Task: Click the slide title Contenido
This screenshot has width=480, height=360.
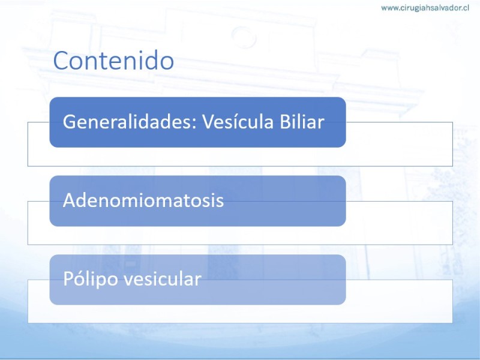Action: (x=113, y=60)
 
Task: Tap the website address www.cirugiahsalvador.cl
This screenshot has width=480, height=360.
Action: (x=425, y=8)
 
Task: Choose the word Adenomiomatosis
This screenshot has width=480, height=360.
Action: (x=143, y=200)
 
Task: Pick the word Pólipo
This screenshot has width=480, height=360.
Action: (x=91, y=279)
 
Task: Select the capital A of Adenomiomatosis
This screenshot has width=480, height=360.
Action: (x=70, y=200)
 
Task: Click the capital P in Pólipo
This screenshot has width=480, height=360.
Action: (x=68, y=278)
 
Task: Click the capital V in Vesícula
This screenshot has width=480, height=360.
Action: (x=208, y=122)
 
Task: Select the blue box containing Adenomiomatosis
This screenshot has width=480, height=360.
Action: (x=198, y=201)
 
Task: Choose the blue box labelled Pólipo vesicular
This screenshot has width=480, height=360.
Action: (x=198, y=280)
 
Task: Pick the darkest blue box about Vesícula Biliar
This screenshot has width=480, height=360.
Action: (x=198, y=122)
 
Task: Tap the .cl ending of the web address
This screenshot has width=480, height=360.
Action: (x=464, y=8)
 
